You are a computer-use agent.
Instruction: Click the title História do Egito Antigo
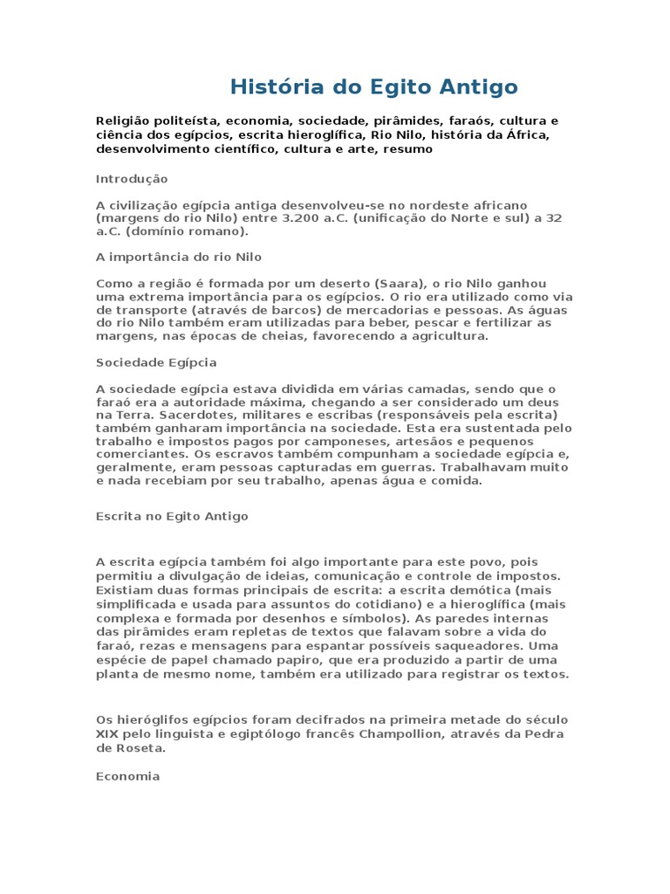click(x=373, y=86)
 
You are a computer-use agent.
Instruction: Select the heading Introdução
click(x=131, y=178)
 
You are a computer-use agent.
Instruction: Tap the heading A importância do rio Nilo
click(x=178, y=258)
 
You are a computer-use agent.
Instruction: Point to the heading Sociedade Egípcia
click(x=156, y=361)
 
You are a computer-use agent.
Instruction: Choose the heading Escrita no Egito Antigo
click(x=172, y=516)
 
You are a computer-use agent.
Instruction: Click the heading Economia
click(x=127, y=775)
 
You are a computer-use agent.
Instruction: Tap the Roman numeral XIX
click(x=106, y=733)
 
